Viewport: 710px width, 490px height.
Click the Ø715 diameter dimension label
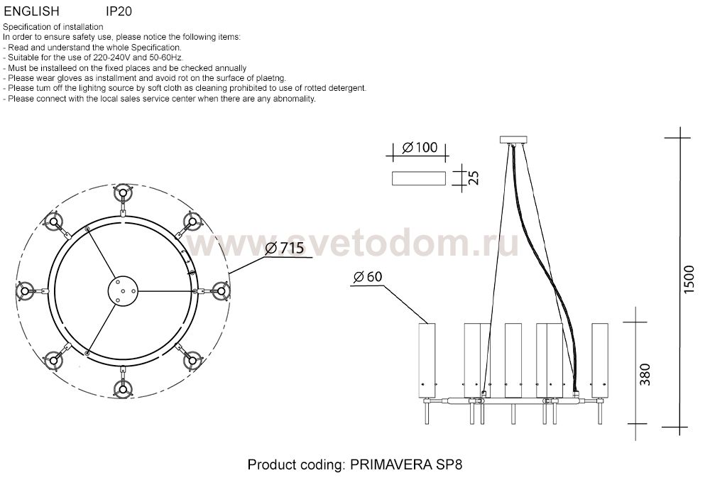pyautogui.click(x=285, y=248)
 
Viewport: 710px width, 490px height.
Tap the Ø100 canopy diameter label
pyautogui.click(x=420, y=147)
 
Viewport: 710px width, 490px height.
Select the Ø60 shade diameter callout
pyautogui.click(x=368, y=276)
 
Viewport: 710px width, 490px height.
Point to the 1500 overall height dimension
pyautogui.click(x=688, y=279)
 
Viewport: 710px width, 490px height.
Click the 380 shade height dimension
pyautogui.click(x=645, y=374)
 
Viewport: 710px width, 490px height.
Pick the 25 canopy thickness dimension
pyautogui.click(x=473, y=178)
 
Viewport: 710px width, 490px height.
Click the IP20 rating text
pyautogui.click(x=119, y=11)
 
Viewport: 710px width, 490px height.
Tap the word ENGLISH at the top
pyautogui.click(x=31, y=11)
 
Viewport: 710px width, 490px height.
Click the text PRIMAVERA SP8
pyautogui.click(x=406, y=464)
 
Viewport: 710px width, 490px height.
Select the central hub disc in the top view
pyautogui.click(x=123, y=291)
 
